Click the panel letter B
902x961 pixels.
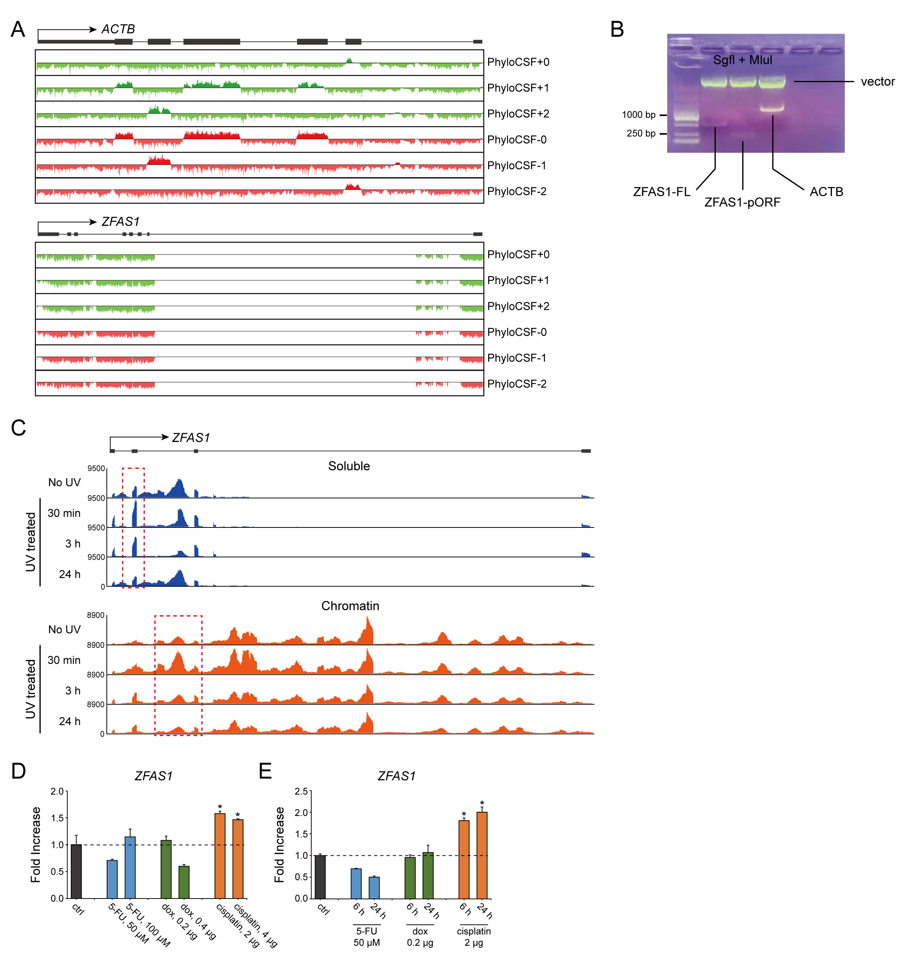click(x=617, y=30)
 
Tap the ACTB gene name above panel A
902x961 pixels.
click(x=118, y=30)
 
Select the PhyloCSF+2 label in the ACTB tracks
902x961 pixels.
click(x=518, y=114)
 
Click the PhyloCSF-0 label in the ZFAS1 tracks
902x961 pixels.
click(x=517, y=332)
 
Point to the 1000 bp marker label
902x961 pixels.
click(x=638, y=115)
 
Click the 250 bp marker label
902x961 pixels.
click(x=641, y=133)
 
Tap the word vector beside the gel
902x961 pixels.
click(x=877, y=82)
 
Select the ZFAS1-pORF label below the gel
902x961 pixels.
click(x=742, y=203)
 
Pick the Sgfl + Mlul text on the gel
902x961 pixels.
click(x=743, y=61)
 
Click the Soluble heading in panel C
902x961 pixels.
click(x=349, y=466)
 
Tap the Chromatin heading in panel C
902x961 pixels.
click(x=350, y=606)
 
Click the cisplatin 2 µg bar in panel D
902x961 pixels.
click(x=220, y=856)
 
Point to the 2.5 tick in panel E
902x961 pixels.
click(x=301, y=791)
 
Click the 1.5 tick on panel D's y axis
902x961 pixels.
click(x=58, y=818)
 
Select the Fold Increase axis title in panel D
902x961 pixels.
click(x=36, y=844)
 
